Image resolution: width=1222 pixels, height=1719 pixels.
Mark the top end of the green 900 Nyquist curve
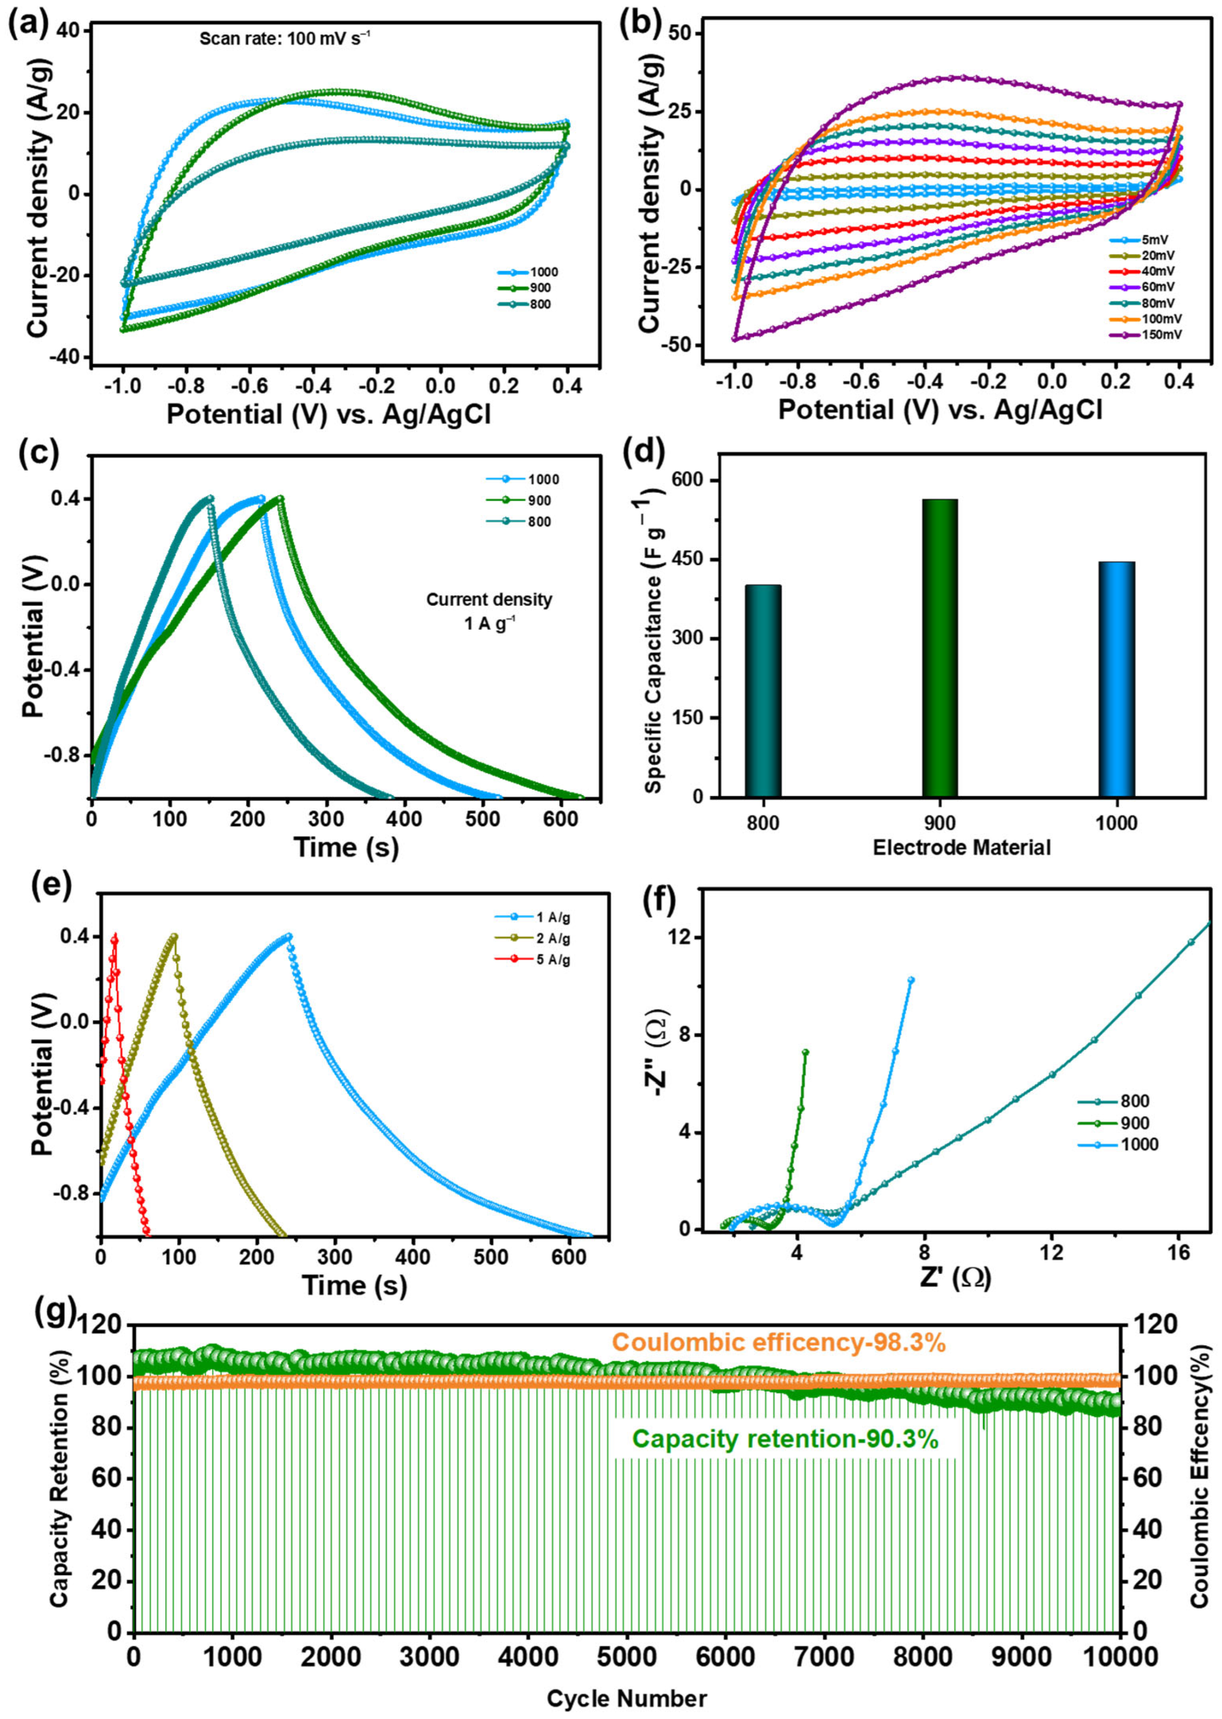point(806,1052)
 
